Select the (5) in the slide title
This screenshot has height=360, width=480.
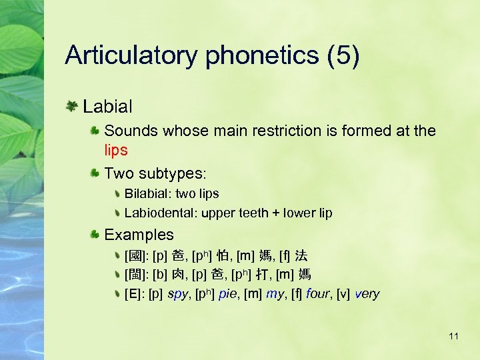(x=343, y=56)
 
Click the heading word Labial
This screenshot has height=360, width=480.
(x=107, y=106)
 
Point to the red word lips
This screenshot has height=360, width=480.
(x=116, y=150)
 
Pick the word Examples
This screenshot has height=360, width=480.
(x=139, y=235)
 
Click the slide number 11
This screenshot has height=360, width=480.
(x=453, y=336)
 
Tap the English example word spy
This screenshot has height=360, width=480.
(x=177, y=294)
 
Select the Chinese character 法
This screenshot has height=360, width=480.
(x=301, y=255)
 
